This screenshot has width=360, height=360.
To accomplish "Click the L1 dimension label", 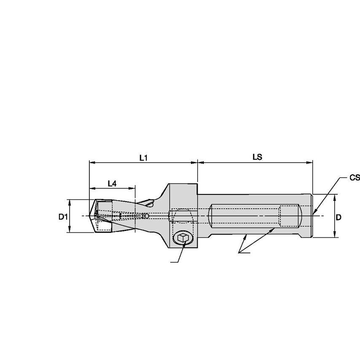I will click(x=143, y=157).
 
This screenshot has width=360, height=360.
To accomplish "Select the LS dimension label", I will click(x=257, y=157).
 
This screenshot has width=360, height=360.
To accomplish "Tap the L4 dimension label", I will click(x=112, y=183).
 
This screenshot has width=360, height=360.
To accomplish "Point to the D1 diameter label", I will click(x=63, y=217).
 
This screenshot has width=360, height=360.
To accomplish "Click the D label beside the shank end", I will click(x=338, y=217).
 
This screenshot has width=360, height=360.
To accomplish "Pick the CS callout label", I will click(x=355, y=178).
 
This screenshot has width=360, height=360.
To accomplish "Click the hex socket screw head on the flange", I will click(x=183, y=238).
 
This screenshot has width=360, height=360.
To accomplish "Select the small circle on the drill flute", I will click(x=146, y=216).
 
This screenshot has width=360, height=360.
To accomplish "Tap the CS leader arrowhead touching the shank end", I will click(x=314, y=214).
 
